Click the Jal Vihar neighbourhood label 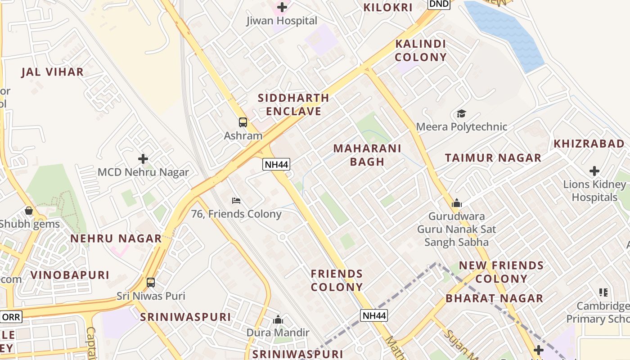(53, 72)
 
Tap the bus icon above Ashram (243, 122)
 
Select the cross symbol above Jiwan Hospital (282, 7)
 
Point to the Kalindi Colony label (421, 50)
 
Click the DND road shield (439, 4)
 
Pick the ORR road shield (11, 317)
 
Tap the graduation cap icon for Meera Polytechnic (461, 113)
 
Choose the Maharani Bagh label (367, 155)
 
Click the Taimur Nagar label (493, 158)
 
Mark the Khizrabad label (589, 144)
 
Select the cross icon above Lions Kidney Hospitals (594, 171)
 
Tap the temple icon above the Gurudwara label (457, 203)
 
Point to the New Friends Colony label (501, 272)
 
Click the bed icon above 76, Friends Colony (236, 200)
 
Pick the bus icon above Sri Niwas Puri (151, 283)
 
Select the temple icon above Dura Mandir (278, 319)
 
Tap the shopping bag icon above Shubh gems (29, 211)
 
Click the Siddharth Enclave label (293, 104)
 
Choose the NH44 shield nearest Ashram (276, 164)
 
